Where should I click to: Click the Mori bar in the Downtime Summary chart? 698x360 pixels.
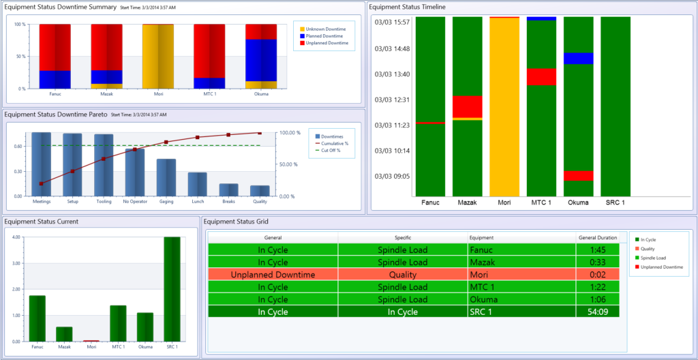pyautogui.click(x=157, y=56)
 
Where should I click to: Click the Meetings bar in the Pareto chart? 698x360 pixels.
pyautogui.click(x=42, y=164)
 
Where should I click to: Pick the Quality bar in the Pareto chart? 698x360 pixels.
pyautogui.click(x=260, y=190)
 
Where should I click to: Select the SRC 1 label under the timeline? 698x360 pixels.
pyautogui.click(x=615, y=202)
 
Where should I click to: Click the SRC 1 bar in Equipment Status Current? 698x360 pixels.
pyautogui.click(x=172, y=289)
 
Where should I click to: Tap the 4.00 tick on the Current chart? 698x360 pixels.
pyautogui.click(x=14, y=237)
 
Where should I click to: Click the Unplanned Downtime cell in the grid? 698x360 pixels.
pyautogui.click(x=273, y=274)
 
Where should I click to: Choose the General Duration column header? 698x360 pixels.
pyautogui.click(x=596, y=237)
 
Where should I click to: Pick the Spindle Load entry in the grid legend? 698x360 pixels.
pyautogui.click(x=655, y=258)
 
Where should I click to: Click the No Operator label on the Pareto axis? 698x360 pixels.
pyautogui.click(x=134, y=202)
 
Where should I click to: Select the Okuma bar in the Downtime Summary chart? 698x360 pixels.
pyautogui.click(x=260, y=56)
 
